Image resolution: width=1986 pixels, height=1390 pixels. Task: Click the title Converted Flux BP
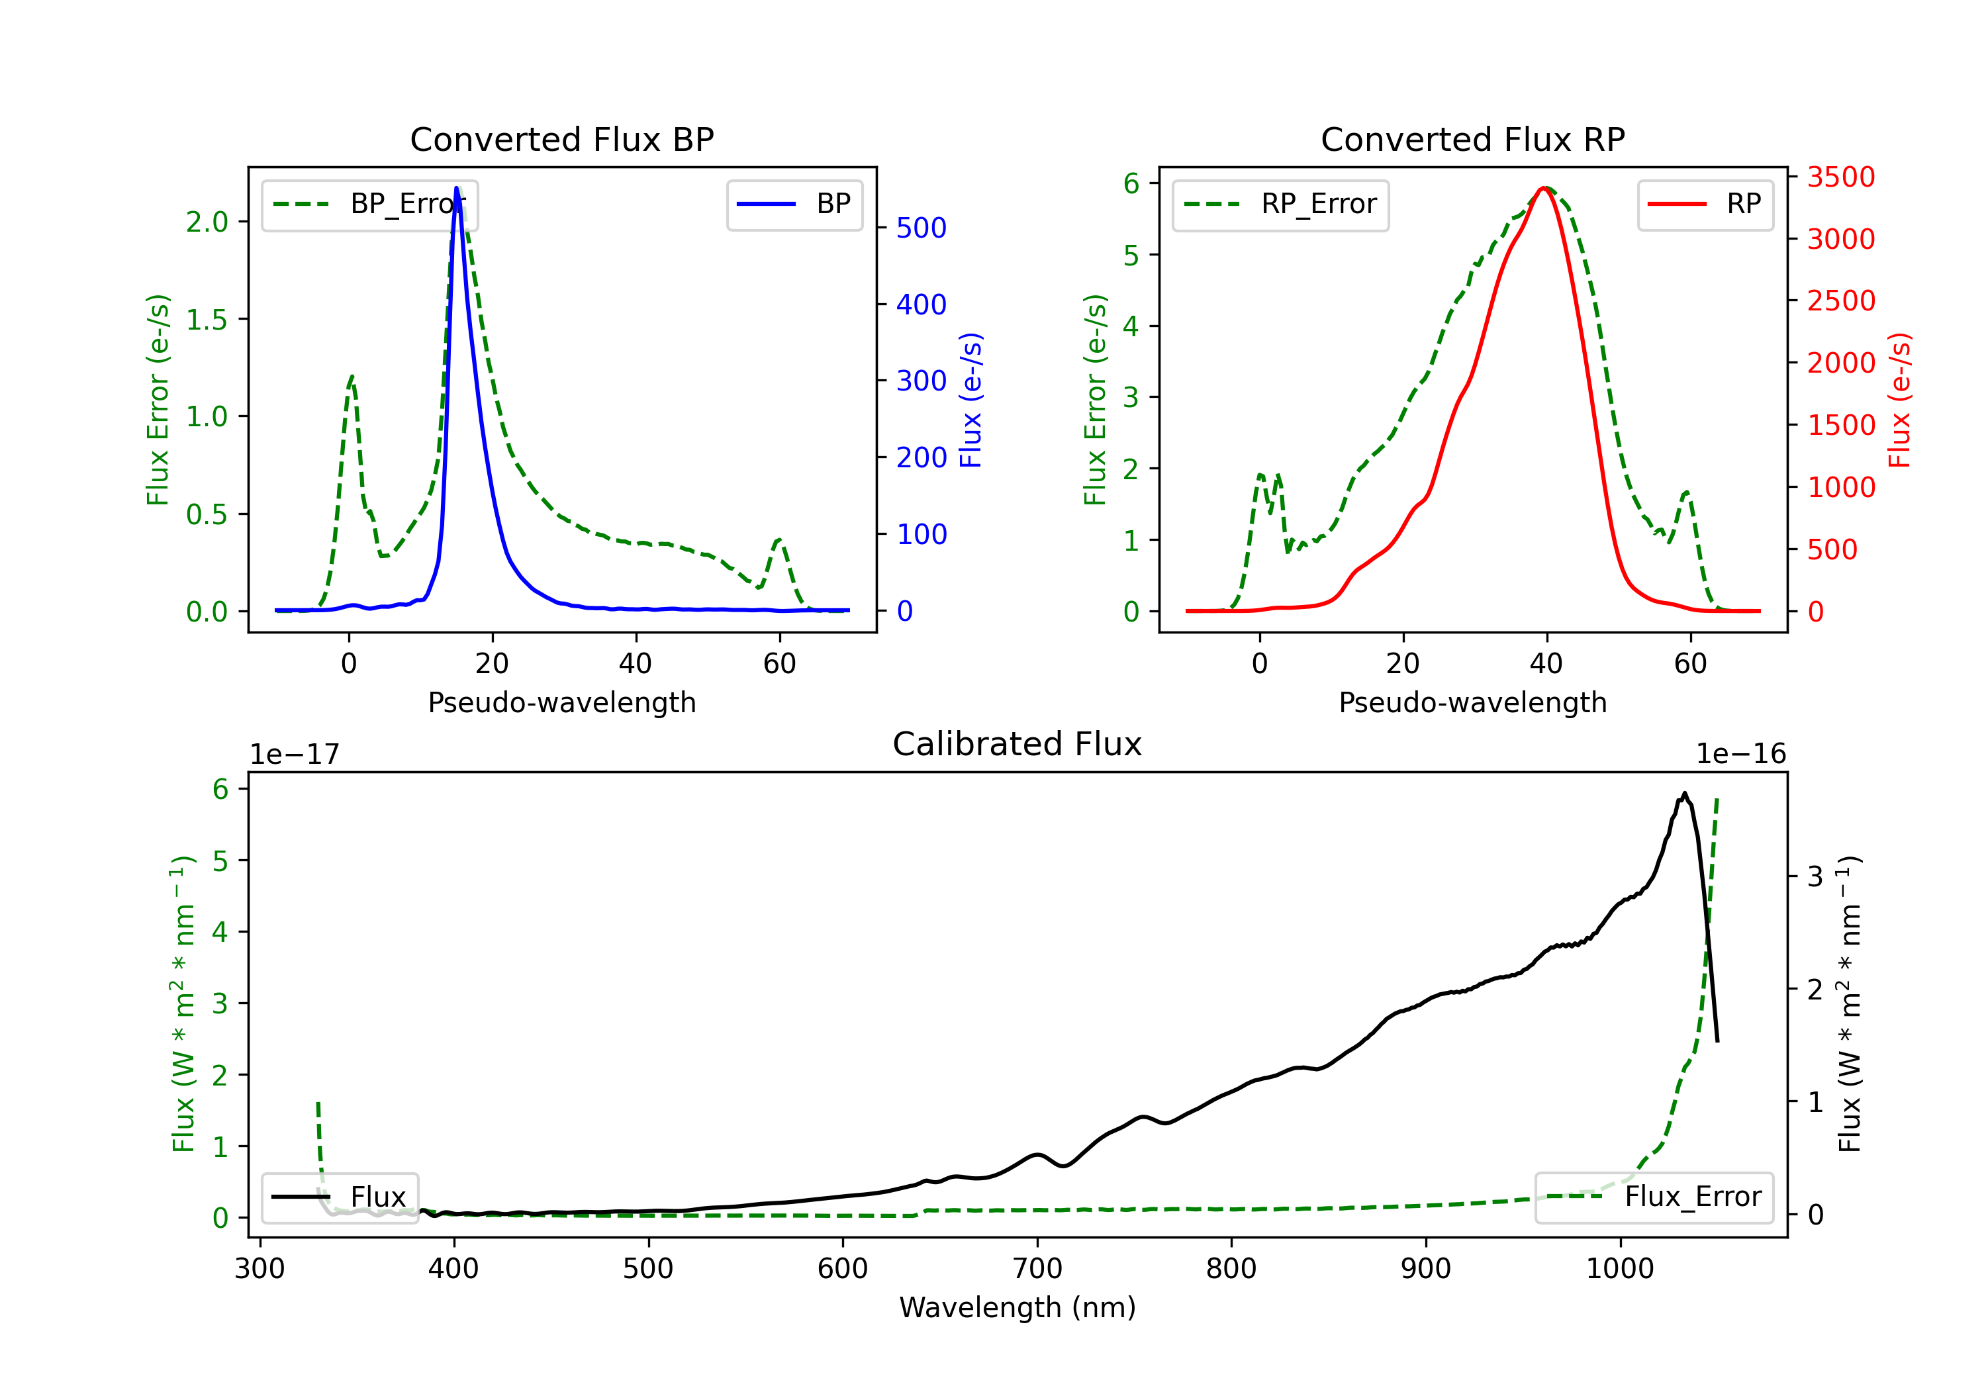[562, 139]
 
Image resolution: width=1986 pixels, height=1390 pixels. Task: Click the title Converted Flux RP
[1473, 139]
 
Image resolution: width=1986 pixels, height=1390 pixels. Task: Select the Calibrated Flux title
[1017, 744]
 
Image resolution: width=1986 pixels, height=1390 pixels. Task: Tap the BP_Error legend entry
[369, 204]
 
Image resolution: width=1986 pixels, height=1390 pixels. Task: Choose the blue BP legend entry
[794, 204]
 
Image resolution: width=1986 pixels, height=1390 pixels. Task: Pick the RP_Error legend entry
[1280, 204]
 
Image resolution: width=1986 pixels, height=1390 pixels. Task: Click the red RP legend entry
[1705, 204]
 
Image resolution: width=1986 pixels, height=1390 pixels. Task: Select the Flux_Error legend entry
[1653, 1197]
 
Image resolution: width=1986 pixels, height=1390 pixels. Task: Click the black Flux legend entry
[339, 1197]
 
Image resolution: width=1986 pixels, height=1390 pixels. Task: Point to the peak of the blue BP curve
[457, 188]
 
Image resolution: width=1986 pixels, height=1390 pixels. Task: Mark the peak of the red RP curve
[1544, 188]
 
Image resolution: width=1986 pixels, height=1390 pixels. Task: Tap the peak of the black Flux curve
[1684, 793]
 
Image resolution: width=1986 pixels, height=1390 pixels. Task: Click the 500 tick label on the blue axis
[922, 228]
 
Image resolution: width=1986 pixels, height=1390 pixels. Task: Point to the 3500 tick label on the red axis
[1840, 177]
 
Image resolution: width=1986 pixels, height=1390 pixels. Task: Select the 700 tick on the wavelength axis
[1037, 1268]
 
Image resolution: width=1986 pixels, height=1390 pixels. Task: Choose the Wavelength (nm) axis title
[1017, 1307]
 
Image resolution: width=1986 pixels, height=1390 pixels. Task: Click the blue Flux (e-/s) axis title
[970, 400]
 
